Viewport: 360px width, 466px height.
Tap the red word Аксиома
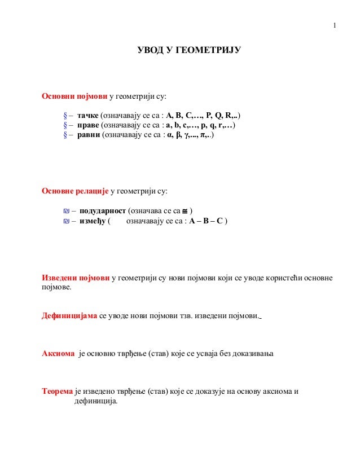58,354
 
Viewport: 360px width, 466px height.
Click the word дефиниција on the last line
95,401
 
